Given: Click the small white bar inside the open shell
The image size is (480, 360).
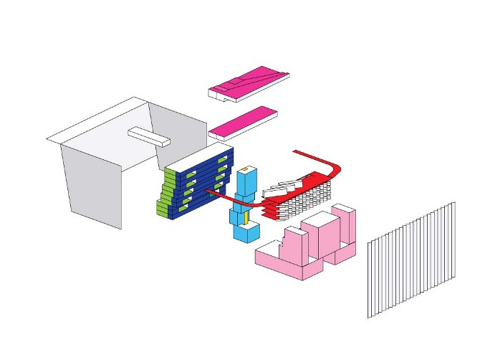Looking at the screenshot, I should [148, 135].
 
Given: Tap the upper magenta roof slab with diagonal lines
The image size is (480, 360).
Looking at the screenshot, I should [249, 80].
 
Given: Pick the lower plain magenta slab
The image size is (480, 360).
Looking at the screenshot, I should [244, 120].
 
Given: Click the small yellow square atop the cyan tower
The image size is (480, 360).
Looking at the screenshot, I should [245, 169].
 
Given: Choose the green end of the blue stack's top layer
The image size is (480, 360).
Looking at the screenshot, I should [170, 174].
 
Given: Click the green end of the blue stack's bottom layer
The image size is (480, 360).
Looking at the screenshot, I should [162, 210].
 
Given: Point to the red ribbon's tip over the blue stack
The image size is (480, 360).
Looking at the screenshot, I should [211, 192].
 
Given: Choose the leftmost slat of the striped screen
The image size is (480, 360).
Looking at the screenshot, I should [370, 280].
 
